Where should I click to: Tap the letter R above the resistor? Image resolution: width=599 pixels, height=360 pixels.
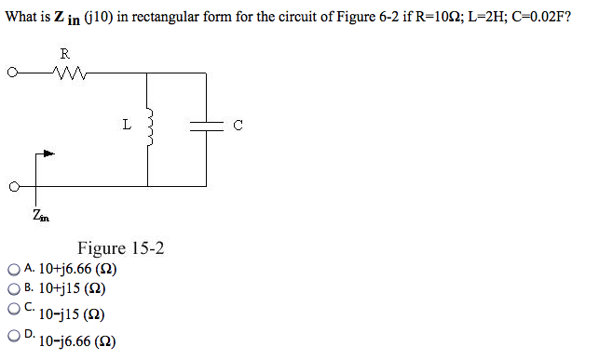pos(64,52)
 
